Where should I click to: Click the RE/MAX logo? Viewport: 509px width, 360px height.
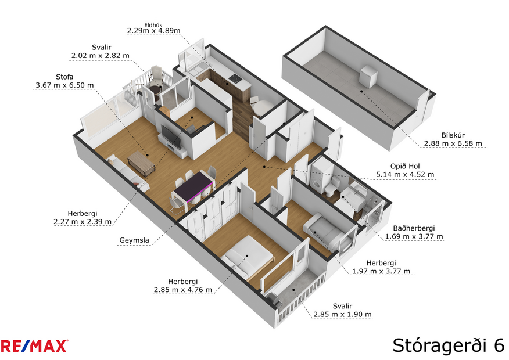pos(34,346)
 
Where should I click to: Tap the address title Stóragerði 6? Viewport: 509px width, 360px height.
pos(447,344)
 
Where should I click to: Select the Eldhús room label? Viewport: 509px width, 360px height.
pos(153,24)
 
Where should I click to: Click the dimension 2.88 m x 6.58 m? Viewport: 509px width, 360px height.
pos(453,143)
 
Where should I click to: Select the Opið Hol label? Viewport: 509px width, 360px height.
pos(406,165)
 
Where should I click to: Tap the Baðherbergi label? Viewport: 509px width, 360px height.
pos(414,228)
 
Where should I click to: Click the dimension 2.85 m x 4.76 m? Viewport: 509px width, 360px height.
pos(182,289)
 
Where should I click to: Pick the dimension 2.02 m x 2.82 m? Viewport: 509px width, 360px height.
pos(100,56)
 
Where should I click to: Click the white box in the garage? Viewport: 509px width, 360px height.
pos(368,76)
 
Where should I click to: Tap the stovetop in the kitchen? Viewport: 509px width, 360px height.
pos(234,78)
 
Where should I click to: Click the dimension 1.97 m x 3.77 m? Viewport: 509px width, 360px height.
pos(382,271)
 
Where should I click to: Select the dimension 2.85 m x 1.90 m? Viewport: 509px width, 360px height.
pos(342,314)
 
